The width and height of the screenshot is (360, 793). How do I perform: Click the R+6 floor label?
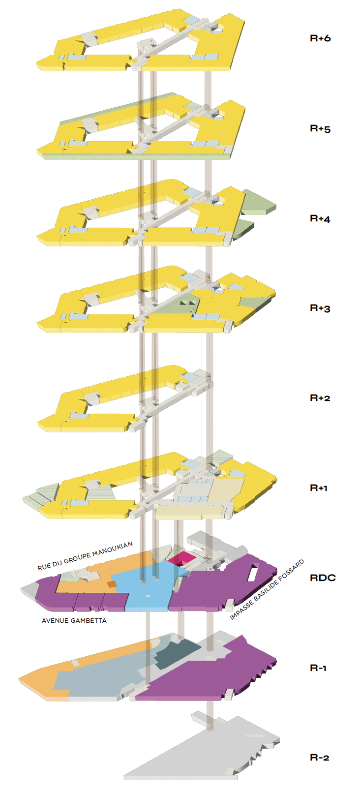[320, 38]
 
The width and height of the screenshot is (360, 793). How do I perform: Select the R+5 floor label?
[320, 129]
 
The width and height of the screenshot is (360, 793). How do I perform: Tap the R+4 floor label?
[320, 219]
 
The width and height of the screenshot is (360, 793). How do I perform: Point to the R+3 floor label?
[320, 308]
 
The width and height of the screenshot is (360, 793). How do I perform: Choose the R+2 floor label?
[320, 398]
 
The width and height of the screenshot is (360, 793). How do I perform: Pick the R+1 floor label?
[319, 488]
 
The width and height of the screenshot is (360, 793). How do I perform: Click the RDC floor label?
[323, 578]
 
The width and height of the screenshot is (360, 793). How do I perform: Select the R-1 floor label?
[318, 668]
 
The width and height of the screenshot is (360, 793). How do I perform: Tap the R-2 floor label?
[320, 758]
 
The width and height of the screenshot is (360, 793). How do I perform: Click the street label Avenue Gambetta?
[74, 621]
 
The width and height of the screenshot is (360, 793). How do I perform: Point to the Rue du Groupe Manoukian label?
[85, 556]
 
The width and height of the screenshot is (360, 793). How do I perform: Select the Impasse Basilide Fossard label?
[267, 590]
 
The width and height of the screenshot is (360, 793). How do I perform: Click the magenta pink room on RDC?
[181, 558]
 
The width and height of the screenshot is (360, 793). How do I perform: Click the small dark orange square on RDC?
[112, 584]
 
